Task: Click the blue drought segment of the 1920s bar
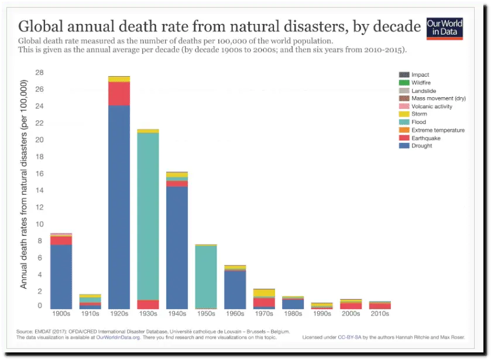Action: point(119,205)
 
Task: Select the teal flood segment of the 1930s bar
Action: point(148,217)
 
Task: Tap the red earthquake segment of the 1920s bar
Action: point(119,94)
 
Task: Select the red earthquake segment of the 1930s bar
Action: point(148,304)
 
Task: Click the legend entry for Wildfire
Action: point(421,83)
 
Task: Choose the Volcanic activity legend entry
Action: point(432,107)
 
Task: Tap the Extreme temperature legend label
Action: point(438,130)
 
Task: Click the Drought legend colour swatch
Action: point(403,146)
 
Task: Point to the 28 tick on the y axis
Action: point(40,73)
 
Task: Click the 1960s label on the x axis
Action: point(235,314)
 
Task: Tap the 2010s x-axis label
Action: point(380,314)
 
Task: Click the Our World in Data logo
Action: point(444,28)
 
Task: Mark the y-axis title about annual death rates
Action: point(24,184)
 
